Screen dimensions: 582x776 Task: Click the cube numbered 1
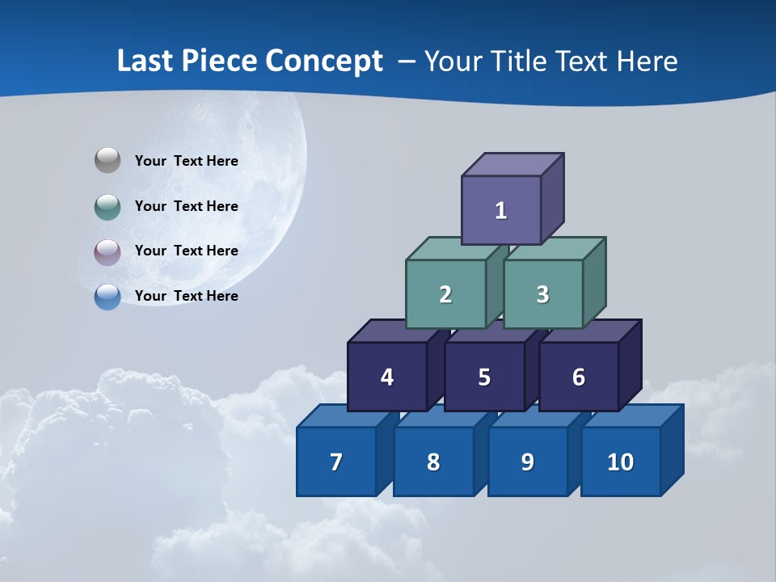501,210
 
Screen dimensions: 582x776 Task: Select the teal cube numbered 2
445,294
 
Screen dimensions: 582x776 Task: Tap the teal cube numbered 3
542,294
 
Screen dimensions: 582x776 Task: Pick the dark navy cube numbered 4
387,377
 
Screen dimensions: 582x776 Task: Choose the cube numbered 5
484,377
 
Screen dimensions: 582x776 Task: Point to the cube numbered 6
578,377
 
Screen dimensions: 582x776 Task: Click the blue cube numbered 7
336,462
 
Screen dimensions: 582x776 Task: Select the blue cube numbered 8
433,462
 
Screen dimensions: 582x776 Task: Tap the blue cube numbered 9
527,462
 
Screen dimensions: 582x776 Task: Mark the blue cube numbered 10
620,462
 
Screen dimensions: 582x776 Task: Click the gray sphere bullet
108,161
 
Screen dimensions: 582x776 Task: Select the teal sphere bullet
108,206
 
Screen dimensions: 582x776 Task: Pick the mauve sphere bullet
108,251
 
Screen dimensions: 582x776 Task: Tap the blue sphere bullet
108,297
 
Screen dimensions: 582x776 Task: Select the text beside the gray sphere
187,161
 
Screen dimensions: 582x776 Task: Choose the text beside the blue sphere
187,296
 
